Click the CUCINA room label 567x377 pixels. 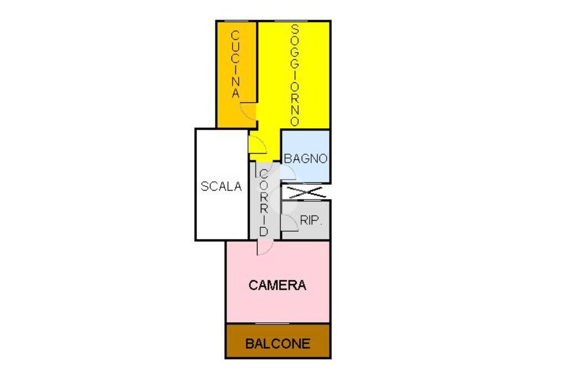click(x=236, y=65)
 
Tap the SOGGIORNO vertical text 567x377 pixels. click(x=295, y=75)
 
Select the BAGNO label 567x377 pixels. click(x=306, y=159)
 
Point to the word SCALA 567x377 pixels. click(x=221, y=186)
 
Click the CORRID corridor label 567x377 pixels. click(x=264, y=203)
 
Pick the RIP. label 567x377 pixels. click(x=311, y=220)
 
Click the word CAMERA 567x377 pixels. click(x=277, y=285)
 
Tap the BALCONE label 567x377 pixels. click(x=278, y=343)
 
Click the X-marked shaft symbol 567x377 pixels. click(x=306, y=192)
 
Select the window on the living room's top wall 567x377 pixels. click(x=291, y=22)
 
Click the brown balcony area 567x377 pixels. click(x=278, y=341)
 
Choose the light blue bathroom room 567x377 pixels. click(x=306, y=156)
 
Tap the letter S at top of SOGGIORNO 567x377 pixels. click(x=295, y=28)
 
